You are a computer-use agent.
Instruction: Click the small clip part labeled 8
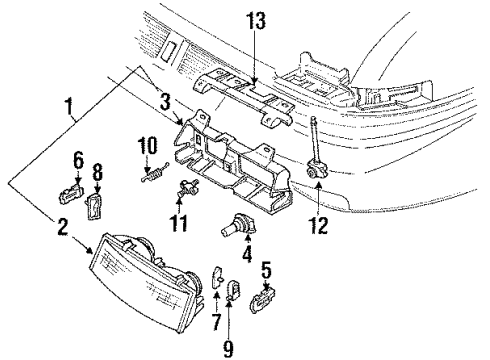click(x=97, y=206)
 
